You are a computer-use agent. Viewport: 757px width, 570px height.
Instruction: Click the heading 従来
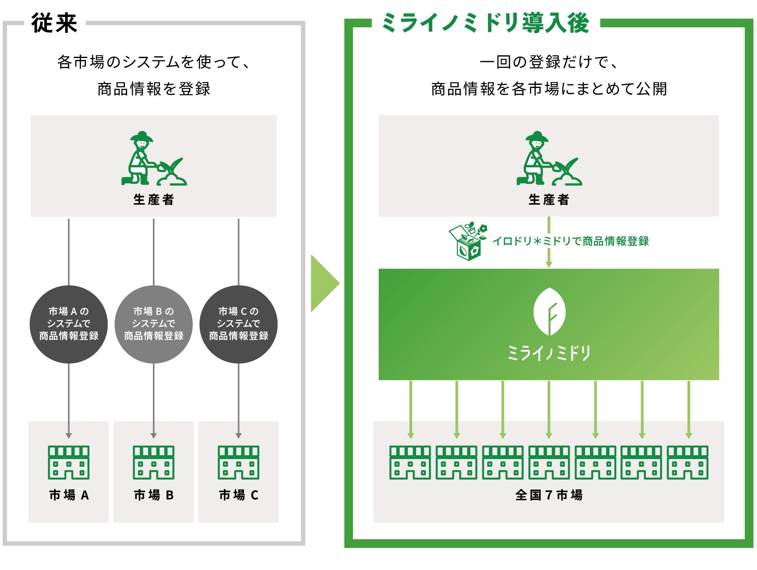click(54, 23)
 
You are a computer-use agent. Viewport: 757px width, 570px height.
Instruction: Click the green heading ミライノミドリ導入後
click(485, 23)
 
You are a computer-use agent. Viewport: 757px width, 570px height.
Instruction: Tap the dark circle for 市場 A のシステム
click(69, 324)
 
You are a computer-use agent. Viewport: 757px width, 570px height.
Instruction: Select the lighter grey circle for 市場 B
click(154, 324)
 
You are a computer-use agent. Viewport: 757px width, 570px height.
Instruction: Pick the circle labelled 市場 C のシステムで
click(238, 324)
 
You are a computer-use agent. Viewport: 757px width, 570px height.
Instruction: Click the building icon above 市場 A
click(69, 462)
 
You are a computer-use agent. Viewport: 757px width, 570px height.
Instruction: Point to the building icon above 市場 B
click(154, 462)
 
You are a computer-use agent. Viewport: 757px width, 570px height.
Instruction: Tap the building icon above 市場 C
click(238, 462)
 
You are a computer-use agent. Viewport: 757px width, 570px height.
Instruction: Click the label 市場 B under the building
click(154, 495)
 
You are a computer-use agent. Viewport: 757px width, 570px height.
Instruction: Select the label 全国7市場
click(549, 495)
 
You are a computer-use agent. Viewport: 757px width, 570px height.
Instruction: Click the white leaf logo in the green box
click(549, 312)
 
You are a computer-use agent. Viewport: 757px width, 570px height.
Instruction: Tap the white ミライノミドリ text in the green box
click(549, 353)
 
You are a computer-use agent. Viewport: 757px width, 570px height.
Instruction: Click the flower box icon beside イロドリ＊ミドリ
click(468, 241)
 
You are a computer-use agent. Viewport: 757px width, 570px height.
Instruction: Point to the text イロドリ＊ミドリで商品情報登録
click(571, 241)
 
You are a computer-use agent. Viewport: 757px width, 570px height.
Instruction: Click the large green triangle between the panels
click(324, 283)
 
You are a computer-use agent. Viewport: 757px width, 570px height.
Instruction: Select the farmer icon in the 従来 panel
click(153, 159)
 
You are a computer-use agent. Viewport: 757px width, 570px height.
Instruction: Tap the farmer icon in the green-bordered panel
click(549, 159)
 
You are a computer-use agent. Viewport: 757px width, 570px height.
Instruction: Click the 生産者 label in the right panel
click(549, 200)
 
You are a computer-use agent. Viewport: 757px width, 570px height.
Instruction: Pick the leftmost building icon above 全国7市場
click(410, 462)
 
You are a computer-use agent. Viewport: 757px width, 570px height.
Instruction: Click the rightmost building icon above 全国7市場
click(688, 462)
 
